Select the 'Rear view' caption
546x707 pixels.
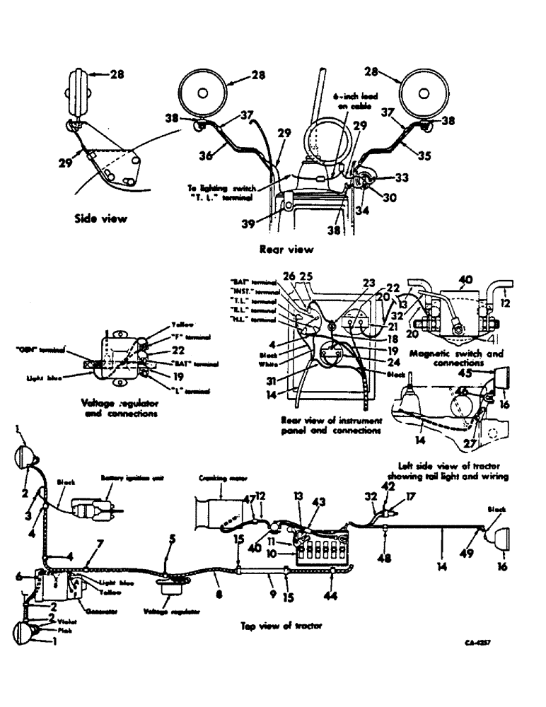pyautogui.click(x=286, y=249)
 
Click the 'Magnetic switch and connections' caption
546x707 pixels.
pyautogui.click(x=458, y=357)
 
